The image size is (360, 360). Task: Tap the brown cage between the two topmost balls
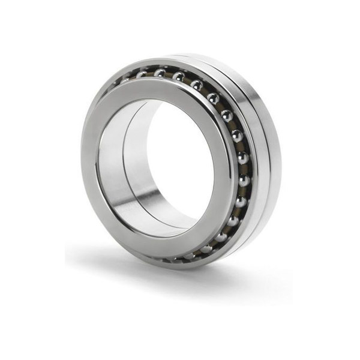(170, 74)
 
